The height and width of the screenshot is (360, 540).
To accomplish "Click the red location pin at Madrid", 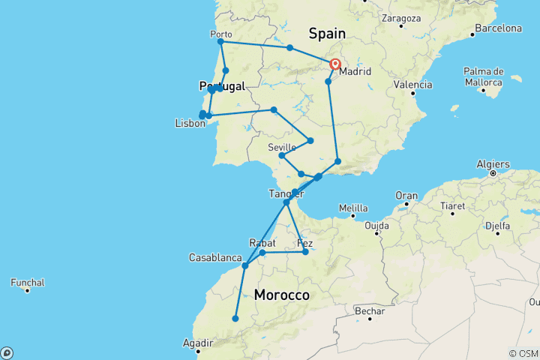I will click(x=335, y=65).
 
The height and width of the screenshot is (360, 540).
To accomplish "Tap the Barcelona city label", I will click(x=496, y=28).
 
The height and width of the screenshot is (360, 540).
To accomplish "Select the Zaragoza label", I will click(x=400, y=16).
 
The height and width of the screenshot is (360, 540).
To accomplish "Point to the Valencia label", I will click(x=413, y=85).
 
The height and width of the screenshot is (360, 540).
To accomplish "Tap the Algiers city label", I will click(x=492, y=164).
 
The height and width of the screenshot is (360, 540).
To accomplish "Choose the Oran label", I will click(x=406, y=195).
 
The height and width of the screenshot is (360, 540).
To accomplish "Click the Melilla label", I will click(x=353, y=208).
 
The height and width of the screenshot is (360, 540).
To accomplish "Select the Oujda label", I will click(x=376, y=225).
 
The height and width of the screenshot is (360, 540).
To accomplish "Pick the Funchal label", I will click(x=28, y=283).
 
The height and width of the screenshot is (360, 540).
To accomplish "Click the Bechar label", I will click(x=370, y=311).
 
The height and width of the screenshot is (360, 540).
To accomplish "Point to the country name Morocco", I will click(x=281, y=295).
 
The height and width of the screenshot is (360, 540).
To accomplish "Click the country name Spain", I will click(x=327, y=33).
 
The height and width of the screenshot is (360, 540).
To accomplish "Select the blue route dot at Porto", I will click(x=220, y=41).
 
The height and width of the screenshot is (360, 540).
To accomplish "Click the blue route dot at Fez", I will click(x=305, y=252).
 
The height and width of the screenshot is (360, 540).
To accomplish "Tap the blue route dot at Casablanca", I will click(x=245, y=265).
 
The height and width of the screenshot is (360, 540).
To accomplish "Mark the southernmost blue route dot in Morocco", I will click(x=235, y=319).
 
